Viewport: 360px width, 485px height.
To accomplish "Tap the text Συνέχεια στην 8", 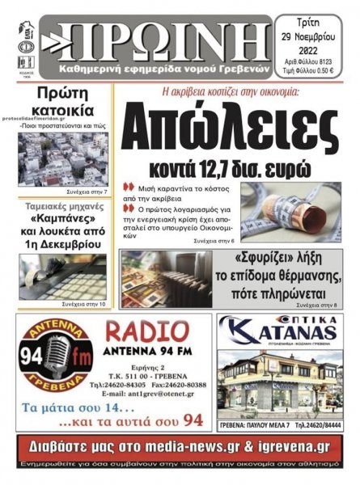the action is [321, 305].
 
